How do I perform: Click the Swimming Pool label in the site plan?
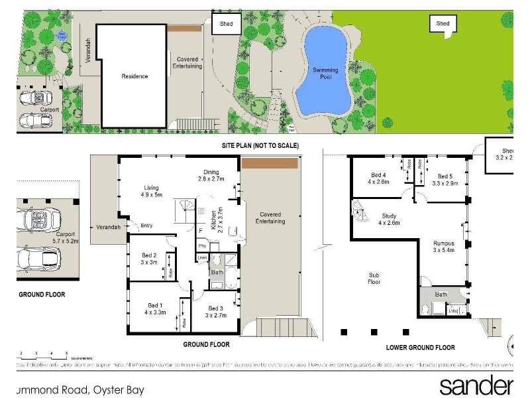(x=325, y=73)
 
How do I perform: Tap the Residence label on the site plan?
(x=134, y=76)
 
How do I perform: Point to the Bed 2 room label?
(x=150, y=259)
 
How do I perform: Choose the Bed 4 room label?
(x=378, y=178)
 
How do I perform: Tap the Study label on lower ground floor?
(x=390, y=219)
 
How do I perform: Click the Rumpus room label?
(x=445, y=247)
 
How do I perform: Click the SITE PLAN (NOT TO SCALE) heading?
(x=260, y=145)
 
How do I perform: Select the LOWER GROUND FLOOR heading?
(x=420, y=347)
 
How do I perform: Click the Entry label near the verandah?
(x=147, y=226)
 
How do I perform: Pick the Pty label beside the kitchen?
(x=201, y=245)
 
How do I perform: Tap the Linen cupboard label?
(x=201, y=257)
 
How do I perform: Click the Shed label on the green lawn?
(x=443, y=24)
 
